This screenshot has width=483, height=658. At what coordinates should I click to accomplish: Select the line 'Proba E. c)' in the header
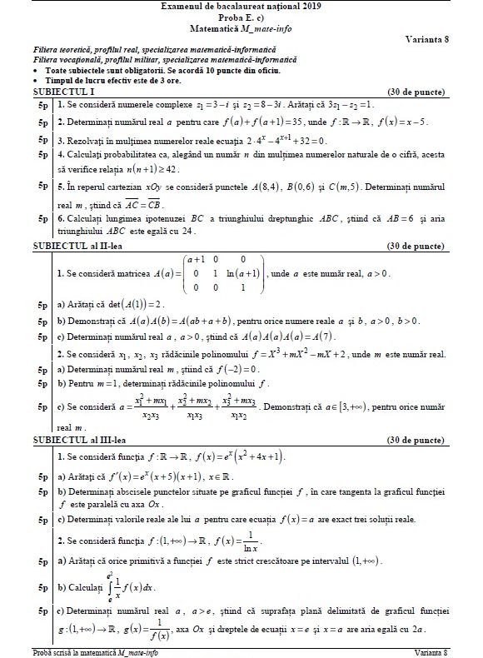242,17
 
